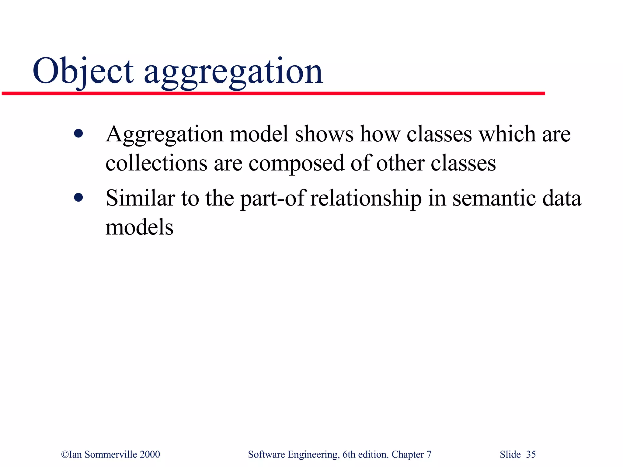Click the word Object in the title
83,71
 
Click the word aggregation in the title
233,73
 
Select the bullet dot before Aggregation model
78,133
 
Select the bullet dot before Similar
78,198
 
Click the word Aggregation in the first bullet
164,134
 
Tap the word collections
156,163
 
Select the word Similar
140,198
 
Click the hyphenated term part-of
273,199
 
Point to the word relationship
366,199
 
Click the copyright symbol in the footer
65,454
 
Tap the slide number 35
531,454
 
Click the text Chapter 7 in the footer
411,454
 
